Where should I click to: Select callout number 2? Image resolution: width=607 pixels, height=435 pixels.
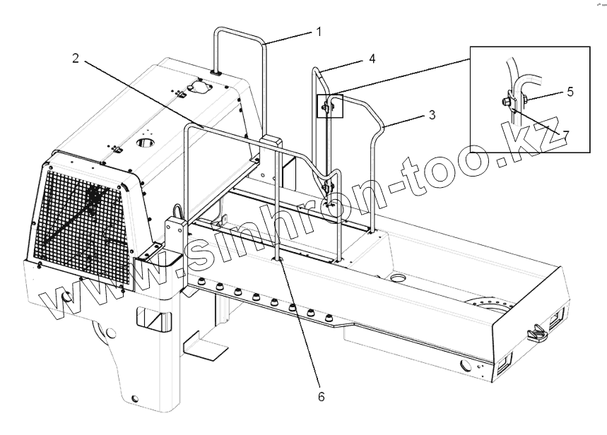pyautogui.click(x=76, y=58)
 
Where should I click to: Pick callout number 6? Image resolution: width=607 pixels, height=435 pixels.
pyautogui.click(x=321, y=397)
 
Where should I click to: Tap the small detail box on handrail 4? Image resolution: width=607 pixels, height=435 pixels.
pyautogui.click(x=330, y=105)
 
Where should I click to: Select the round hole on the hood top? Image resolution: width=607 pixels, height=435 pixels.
pyautogui.click(x=146, y=143)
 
